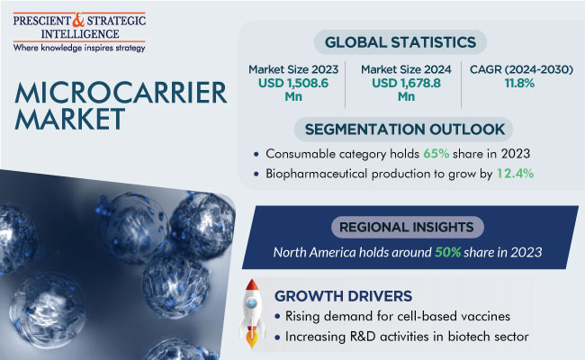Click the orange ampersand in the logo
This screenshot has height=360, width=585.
coord(78,20)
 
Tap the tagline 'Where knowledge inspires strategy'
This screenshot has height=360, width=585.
coord(79,48)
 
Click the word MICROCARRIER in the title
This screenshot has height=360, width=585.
coord(121,93)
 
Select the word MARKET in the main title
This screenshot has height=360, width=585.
coord(70,119)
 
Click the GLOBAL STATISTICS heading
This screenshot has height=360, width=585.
coord(400,42)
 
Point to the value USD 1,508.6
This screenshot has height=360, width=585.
coord(293,83)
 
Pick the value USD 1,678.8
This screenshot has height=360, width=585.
coord(406,83)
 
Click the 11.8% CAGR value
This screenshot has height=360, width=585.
coord(519,83)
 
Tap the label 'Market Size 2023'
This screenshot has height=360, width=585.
coord(293,69)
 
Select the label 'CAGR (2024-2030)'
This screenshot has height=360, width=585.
coord(521,69)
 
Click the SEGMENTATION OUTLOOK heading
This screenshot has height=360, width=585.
coord(404,130)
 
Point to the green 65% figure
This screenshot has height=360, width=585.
coord(436,154)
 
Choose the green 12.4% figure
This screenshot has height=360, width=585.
coord(515,174)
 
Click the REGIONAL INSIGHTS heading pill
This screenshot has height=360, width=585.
coord(407,227)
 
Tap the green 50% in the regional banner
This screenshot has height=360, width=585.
coord(447,253)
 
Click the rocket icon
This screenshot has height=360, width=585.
coord(252,312)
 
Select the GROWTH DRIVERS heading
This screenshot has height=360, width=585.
coord(343,296)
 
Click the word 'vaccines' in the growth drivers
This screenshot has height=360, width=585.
coord(485,317)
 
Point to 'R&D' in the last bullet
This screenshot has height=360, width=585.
coord(363,337)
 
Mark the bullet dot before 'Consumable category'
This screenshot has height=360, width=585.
coord(256,154)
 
